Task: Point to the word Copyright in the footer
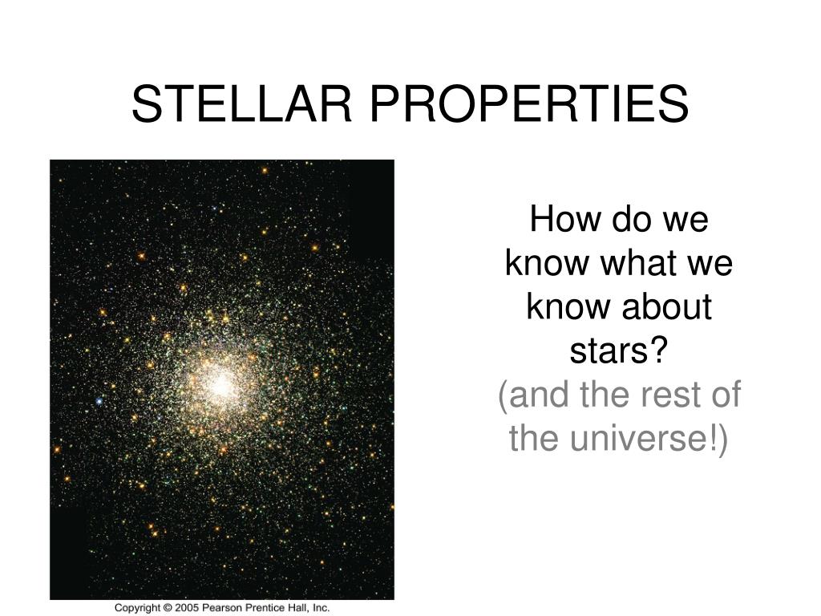click(138, 608)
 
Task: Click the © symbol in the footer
click(168, 608)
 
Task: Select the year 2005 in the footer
click(186, 608)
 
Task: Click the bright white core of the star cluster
click(220, 384)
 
